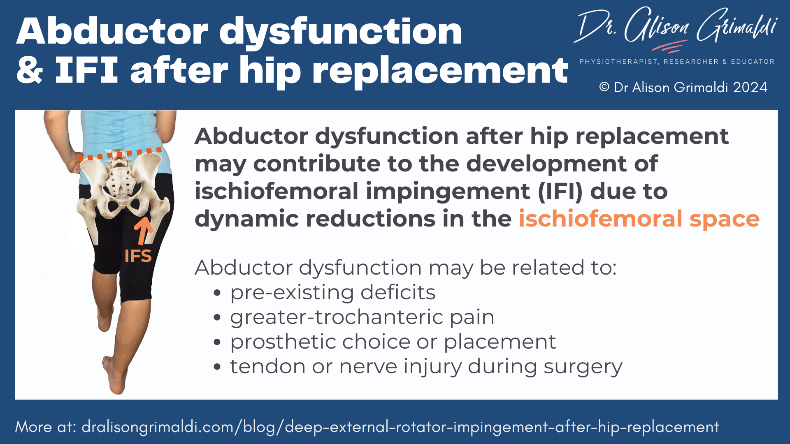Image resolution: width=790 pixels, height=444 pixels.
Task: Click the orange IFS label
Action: [x=138, y=256]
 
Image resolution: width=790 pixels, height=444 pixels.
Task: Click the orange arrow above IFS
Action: [x=143, y=231]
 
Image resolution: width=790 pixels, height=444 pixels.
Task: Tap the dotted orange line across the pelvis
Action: [x=120, y=154]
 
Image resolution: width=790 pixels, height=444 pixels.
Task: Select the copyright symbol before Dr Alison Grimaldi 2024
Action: [x=604, y=87]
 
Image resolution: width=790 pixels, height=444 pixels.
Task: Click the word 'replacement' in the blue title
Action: [x=440, y=71]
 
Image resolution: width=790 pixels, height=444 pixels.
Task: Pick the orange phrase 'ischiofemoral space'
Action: [x=639, y=218]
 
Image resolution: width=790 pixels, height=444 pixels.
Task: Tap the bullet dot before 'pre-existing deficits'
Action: [x=217, y=293]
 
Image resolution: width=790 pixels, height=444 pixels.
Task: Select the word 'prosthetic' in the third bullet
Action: [x=283, y=342]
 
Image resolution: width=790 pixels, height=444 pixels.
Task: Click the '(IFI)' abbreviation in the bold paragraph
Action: [x=560, y=191]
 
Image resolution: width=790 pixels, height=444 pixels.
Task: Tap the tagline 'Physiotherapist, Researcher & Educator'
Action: [x=677, y=62]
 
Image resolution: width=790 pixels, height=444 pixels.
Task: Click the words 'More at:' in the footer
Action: [x=46, y=427]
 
